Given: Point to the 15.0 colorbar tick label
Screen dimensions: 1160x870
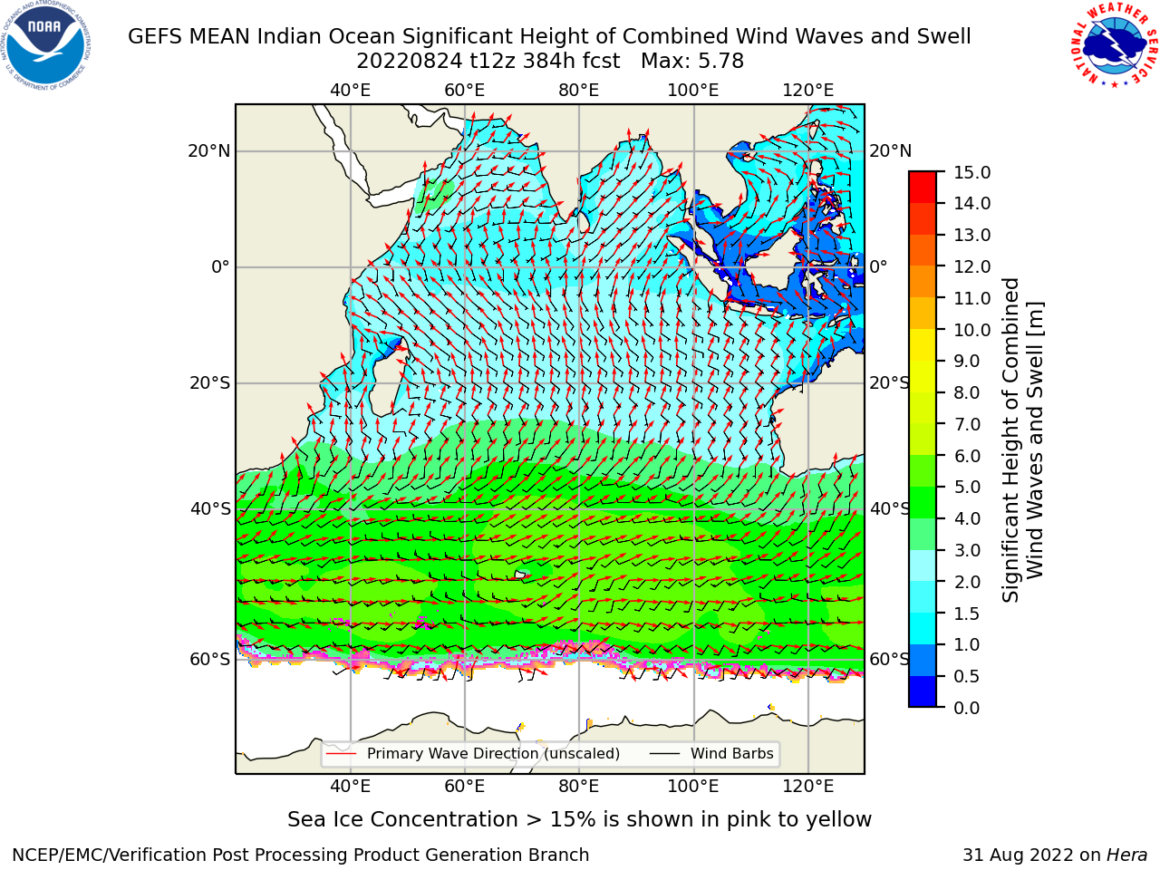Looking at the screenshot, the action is [971, 173].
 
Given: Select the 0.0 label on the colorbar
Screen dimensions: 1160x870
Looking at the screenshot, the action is [966, 708].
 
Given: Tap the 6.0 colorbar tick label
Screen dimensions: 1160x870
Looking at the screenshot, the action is [967, 456].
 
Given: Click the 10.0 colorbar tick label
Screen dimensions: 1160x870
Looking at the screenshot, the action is [971, 330].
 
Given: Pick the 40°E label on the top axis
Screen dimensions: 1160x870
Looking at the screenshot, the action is [351, 91].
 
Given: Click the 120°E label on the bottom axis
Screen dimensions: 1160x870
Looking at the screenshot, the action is [807, 786].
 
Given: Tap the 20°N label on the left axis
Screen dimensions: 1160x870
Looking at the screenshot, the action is [209, 151].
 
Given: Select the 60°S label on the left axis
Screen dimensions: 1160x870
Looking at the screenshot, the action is [210, 659].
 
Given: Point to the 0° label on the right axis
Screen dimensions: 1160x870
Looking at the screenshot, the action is [878, 266].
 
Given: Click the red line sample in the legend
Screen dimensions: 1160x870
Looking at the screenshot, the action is [341, 754].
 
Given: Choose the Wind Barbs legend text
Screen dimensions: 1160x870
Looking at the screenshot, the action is [732, 754].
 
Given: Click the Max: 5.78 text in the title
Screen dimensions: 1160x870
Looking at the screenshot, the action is [692, 62].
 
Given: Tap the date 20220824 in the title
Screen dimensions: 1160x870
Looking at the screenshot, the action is [410, 62].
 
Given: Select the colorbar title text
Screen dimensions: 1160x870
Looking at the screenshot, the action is [1023, 440].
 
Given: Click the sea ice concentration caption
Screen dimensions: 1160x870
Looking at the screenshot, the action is [579, 819].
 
